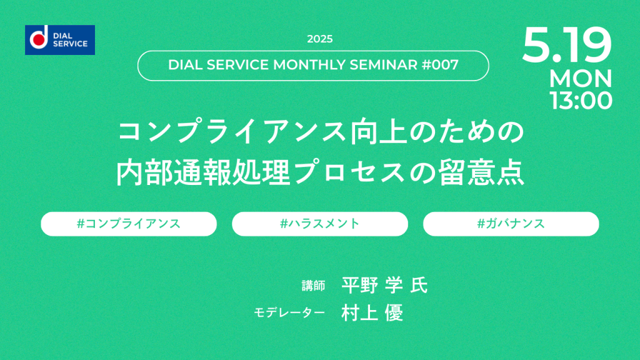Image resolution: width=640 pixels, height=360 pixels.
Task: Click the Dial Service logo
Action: click(x=60, y=40)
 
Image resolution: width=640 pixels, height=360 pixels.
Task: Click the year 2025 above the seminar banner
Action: click(x=319, y=39)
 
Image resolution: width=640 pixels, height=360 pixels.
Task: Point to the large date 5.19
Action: click(x=566, y=45)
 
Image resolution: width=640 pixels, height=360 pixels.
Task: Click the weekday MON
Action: click(x=581, y=78)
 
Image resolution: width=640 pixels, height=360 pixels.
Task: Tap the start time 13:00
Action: click(x=581, y=101)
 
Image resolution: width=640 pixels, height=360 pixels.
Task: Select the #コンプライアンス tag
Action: click(x=129, y=224)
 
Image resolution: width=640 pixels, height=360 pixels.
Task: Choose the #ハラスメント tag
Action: click(x=320, y=224)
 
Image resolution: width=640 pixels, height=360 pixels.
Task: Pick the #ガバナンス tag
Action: click(x=511, y=224)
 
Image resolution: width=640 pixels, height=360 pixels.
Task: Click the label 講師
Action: click(x=314, y=286)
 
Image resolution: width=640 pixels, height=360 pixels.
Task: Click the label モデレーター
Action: click(x=289, y=312)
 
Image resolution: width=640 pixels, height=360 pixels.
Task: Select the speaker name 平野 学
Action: click(x=372, y=285)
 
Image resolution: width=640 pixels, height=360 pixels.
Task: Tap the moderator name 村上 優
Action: click(x=372, y=312)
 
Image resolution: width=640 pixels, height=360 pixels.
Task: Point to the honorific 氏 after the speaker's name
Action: click(x=419, y=285)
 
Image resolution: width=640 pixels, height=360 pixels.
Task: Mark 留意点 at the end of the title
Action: click(x=481, y=172)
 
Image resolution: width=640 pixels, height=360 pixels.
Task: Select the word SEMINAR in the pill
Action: click(x=383, y=65)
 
